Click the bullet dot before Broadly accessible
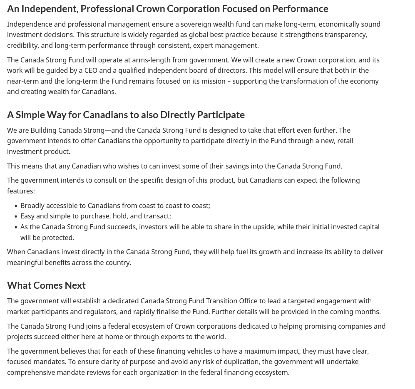(x=16, y=206)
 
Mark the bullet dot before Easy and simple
(x=16, y=216)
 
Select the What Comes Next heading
(x=46, y=285)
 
